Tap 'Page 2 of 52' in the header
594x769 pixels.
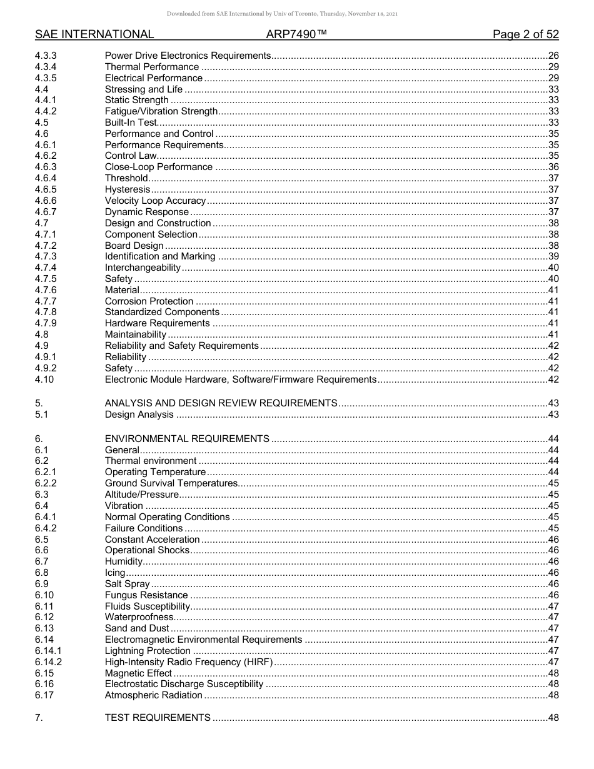(x=525, y=34)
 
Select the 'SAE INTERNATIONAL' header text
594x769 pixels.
(x=94, y=34)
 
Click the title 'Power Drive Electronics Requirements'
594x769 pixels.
(x=188, y=56)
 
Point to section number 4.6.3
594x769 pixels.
(x=46, y=167)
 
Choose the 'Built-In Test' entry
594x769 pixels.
(x=130, y=123)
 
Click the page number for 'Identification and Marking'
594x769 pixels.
(x=553, y=256)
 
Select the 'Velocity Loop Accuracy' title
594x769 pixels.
(x=155, y=201)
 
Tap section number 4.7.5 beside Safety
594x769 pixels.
(x=46, y=279)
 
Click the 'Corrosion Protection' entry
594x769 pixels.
(x=149, y=301)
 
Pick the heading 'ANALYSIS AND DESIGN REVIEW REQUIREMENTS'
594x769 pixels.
(x=221, y=403)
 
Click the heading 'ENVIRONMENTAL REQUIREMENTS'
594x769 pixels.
(x=187, y=439)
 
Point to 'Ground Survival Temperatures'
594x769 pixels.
(x=171, y=483)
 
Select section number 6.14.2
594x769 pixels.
(x=49, y=662)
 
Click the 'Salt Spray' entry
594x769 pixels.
(x=127, y=584)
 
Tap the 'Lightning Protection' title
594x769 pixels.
(x=148, y=651)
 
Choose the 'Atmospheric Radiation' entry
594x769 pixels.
(x=153, y=695)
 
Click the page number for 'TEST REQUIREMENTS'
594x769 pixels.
(x=553, y=718)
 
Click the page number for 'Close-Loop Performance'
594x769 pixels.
(x=553, y=167)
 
